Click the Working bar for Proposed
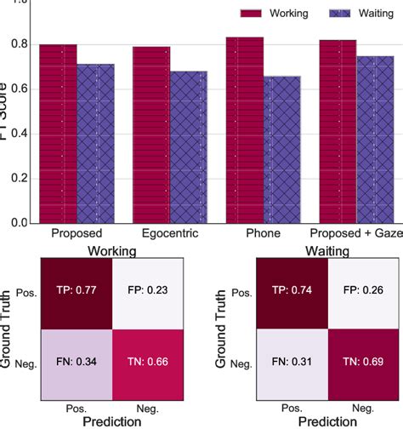pyautogui.click(x=58, y=134)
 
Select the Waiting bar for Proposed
pyautogui.click(x=95, y=143)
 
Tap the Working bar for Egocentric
pyautogui.click(x=151, y=134)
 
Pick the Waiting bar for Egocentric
pyautogui.click(x=189, y=147)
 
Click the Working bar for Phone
pyautogui.click(x=245, y=130)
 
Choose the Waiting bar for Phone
pyautogui.click(x=282, y=150)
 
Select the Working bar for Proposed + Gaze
pyautogui.click(x=338, y=132)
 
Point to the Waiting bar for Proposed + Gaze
pyautogui.click(x=376, y=140)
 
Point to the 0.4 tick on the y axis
pyautogui.click(x=23, y=134)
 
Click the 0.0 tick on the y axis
pyautogui.click(x=23, y=223)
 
